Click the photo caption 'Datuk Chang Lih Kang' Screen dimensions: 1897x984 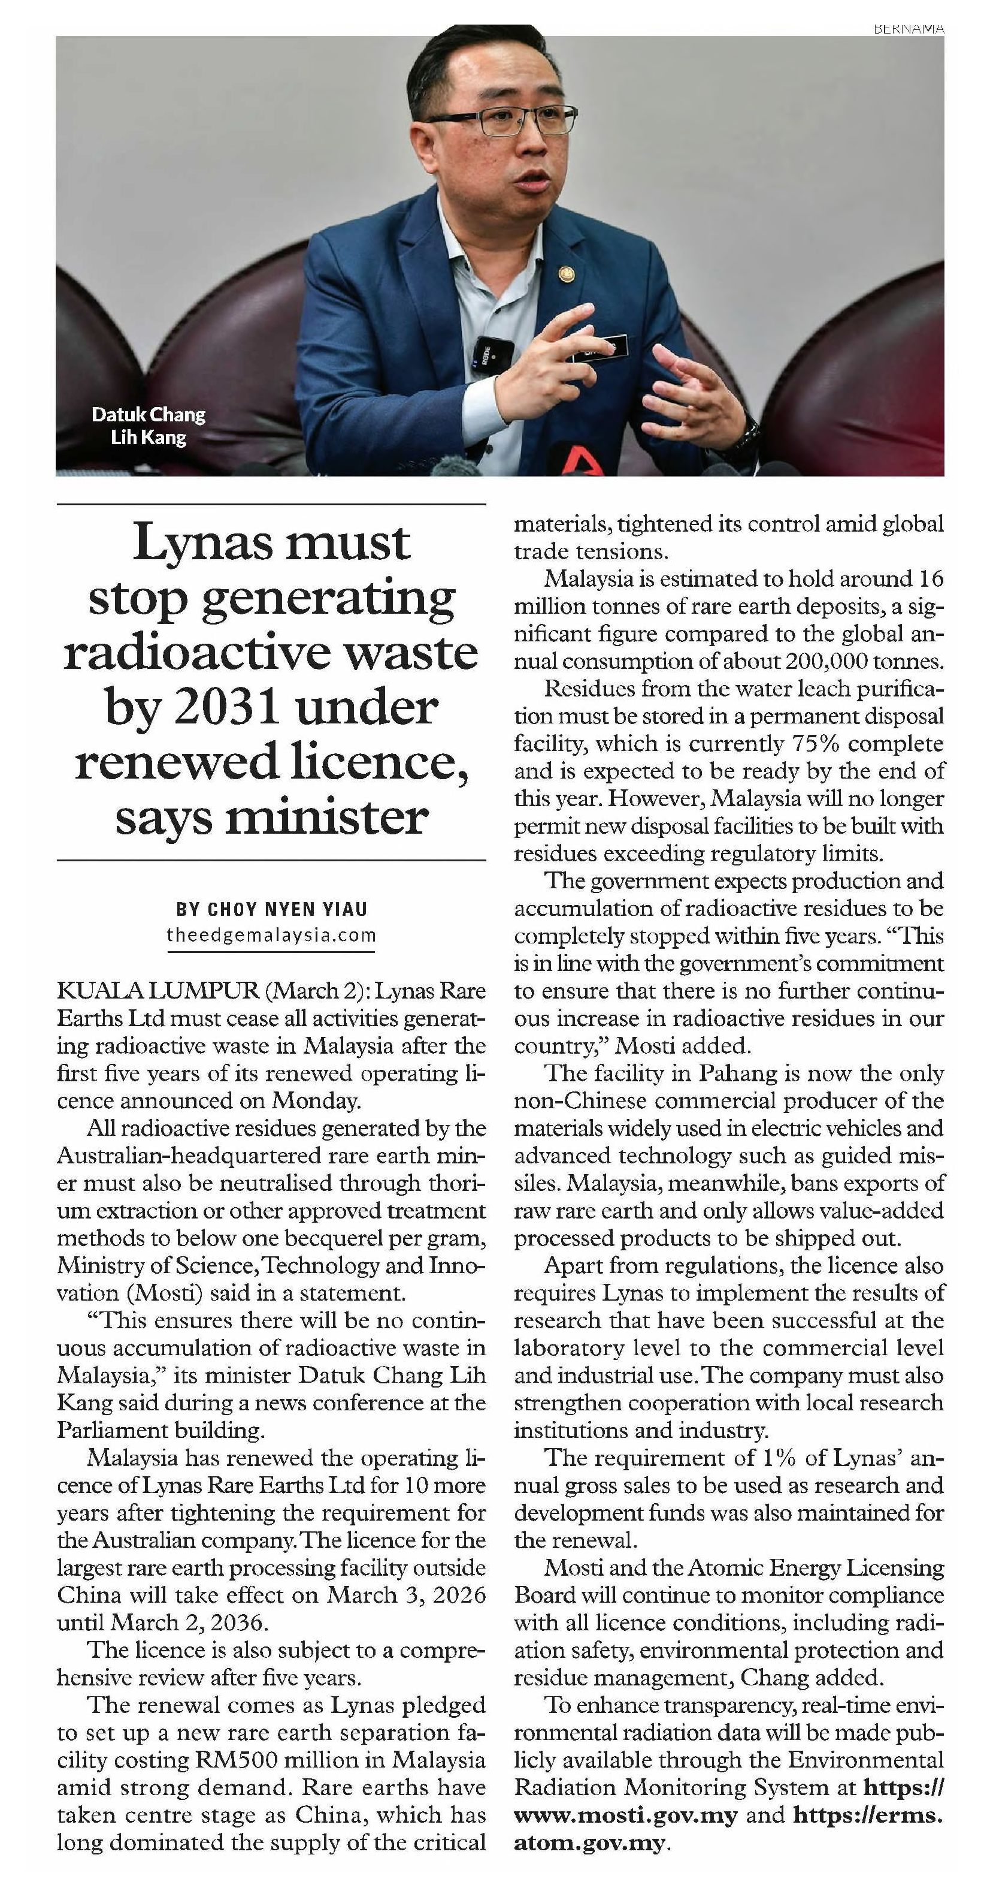tap(148, 426)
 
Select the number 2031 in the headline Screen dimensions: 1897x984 tap(225, 708)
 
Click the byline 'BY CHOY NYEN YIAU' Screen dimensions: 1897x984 tap(271, 909)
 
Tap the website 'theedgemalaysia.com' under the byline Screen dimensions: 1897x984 tap(271, 936)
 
